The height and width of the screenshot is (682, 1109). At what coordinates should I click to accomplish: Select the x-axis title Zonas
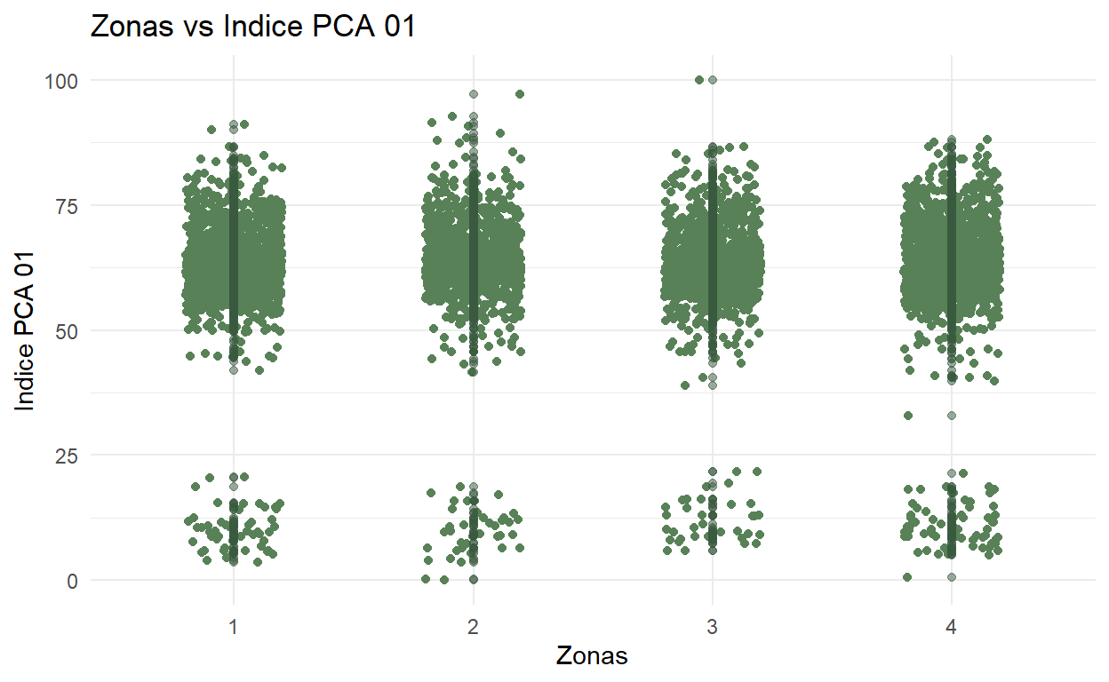pyautogui.click(x=592, y=656)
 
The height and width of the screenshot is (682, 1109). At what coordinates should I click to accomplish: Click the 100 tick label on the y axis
pyautogui.click(x=61, y=81)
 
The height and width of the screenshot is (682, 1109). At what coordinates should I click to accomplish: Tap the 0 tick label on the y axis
pyautogui.click(x=71, y=581)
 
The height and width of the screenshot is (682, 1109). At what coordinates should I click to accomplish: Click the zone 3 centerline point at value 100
pyautogui.click(x=712, y=80)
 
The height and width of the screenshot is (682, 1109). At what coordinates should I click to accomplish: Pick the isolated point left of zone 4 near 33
pyautogui.click(x=907, y=416)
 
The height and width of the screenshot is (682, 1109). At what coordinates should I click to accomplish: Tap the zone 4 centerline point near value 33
pyautogui.click(x=952, y=416)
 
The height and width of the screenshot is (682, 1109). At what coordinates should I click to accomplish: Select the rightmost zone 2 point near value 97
pyautogui.click(x=520, y=94)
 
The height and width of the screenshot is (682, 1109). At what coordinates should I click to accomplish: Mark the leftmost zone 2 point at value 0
pyautogui.click(x=426, y=579)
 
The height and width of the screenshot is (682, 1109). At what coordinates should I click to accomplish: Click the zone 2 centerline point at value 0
pyautogui.click(x=474, y=579)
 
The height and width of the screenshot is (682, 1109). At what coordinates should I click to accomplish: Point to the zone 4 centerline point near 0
pyautogui.click(x=952, y=577)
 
